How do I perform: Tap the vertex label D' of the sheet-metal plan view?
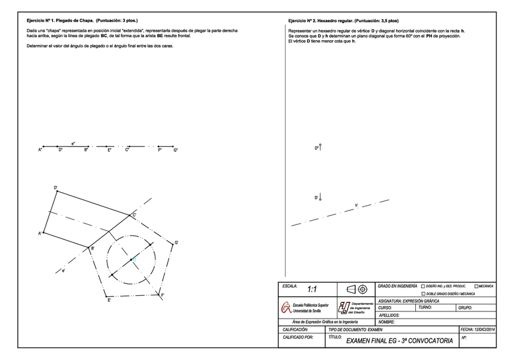tap(56, 188)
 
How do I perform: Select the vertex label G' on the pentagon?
tap(176, 243)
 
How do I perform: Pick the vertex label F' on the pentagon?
tap(163, 296)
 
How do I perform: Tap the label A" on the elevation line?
tap(40, 150)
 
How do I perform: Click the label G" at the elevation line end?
tap(175, 150)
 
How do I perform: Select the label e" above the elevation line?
tap(73, 143)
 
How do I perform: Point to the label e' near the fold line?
tap(64, 272)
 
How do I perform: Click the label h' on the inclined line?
tap(356, 205)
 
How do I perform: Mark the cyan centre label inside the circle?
tap(134, 259)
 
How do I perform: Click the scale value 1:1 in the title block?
tap(312, 290)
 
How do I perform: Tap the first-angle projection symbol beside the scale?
tap(356, 289)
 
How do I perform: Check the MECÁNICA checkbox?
tap(477, 286)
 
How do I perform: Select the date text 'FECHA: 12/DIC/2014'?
tap(477, 329)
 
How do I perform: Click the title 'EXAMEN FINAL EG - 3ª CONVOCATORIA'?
tap(399, 341)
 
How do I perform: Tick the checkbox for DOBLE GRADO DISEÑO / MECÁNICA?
tap(424, 294)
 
